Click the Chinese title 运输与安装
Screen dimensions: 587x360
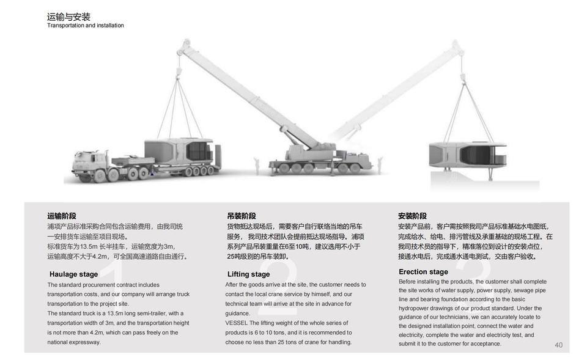pyautogui.click(x=68, y=17)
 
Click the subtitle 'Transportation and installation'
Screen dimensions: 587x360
pyautogui.click(x=86, y=26)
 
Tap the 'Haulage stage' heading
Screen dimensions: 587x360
pyautogui.click(x=73, y=274)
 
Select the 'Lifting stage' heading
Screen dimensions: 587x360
pyautogui.click(x=248, y=274)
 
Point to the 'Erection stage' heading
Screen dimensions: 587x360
pyautogui.click(x=423, y=271)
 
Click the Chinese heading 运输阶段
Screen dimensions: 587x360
pyautogui.click(x=62, y=216)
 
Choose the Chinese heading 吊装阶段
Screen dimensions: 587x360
pyautogui.click(x=242, y=216)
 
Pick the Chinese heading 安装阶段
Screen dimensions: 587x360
pyautogui.click(x=412, y=216)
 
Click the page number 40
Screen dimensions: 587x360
pyautogui.click(x=558, y=345)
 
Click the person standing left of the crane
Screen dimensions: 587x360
pyautogui.click(x=257, y=164)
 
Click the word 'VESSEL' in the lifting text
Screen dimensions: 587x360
pyautogui.click(x=236, y=323)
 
